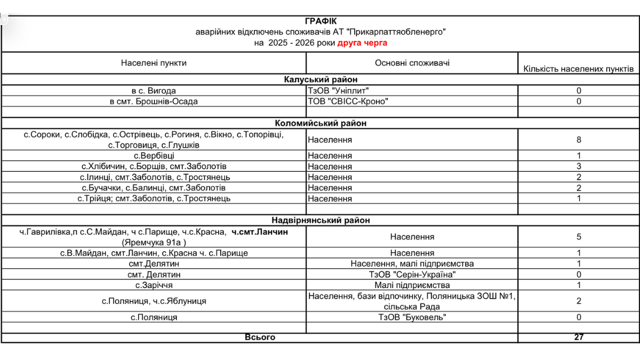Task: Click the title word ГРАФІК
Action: click(321, 21)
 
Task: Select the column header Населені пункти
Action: click(154, 63)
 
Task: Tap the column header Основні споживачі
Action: click(412, 63)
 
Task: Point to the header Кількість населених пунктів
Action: click(578, 69)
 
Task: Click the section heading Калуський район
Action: click(321, 80)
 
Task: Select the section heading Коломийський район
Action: click(321, 123)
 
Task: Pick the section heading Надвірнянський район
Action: click(321, 220)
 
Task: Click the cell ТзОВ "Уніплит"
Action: click(338, 91)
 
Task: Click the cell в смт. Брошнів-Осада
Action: click(154, 101)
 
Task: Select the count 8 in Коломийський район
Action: click(579, 140)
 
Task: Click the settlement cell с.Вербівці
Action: click(154, 156)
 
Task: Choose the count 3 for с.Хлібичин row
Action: click(579, 166)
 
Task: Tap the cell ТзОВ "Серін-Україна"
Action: click(412, 274)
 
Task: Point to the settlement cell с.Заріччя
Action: click(154, 285)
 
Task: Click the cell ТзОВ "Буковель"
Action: click(412, 317)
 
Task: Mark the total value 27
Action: click(579, 337)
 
